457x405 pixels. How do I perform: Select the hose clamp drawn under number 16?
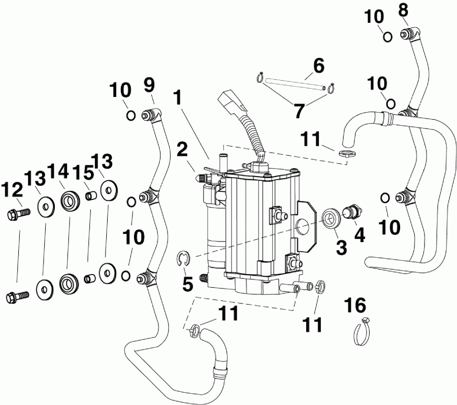click(360, 332)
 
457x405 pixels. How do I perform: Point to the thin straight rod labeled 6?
click(292, 84)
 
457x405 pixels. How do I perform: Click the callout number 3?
click(341, 248)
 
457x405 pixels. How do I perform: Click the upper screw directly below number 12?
click(16, 215)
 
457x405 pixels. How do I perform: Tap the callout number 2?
click(182, 150)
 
